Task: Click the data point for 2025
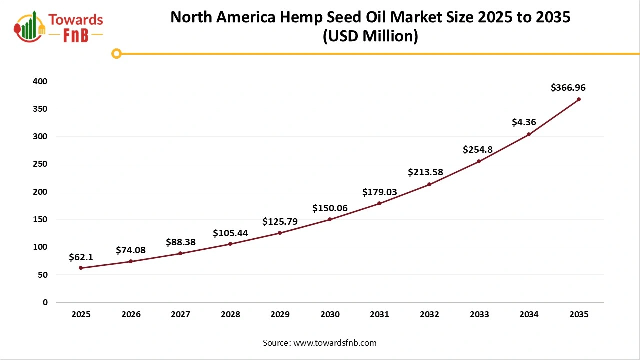pos(81,268)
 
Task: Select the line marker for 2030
pos(330,219)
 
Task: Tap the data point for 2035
pos(579,99)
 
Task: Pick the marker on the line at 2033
pos(479,161)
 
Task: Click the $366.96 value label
pos(568,88)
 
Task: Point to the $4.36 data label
pos(524,122)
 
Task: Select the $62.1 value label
pos(81,257)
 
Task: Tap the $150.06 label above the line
pos(330,208)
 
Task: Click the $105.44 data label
pos(230,233)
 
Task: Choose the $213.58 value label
pos(425,172)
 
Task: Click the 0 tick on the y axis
pos(45,302)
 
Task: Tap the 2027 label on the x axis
pos(180,315)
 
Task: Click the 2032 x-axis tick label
pos(429,315)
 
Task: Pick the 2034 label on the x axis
pos(529,315)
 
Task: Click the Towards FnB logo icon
pos(30,27)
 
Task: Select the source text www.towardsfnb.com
pos(335,343)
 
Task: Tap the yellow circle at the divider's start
pos(116,53)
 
